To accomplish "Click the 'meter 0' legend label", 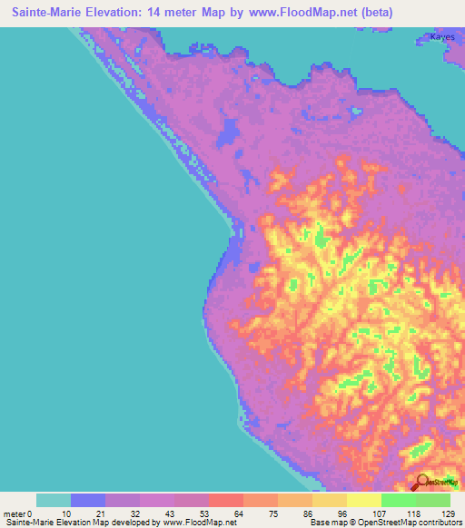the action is click(18, 513).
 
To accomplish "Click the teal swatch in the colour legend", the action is click(54, 500).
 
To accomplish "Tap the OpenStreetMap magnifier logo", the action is click(422, 483).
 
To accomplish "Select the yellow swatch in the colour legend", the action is click(364, 500).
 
